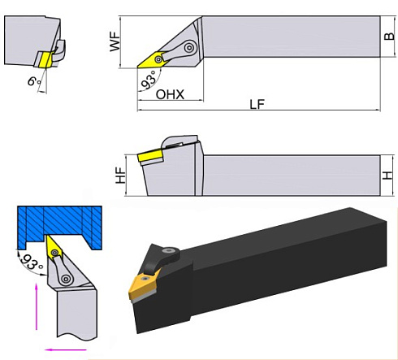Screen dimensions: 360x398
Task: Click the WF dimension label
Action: click(x=116, y=41)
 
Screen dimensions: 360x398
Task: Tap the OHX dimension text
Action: click(x=170, y=94)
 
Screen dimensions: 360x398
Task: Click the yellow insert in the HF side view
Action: click(x=150, y=154)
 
